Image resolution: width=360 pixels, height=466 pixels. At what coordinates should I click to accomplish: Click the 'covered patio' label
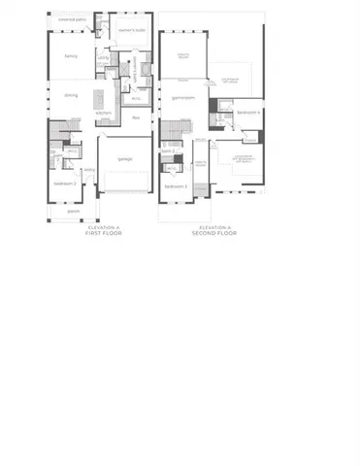(x=71, y=18)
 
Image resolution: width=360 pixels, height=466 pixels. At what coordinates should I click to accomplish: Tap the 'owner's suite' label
(x=130, y=29)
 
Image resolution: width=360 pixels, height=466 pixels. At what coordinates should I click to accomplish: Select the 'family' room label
(x=71, y=56)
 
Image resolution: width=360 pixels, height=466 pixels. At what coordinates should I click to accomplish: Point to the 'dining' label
(x=71, y=95)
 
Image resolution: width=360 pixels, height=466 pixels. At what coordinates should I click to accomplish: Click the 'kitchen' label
(x=104, y=114)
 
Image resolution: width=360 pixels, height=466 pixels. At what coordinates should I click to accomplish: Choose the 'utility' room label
(x=103, y=57)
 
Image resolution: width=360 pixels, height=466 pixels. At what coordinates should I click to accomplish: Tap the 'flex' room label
(x=136, y=117)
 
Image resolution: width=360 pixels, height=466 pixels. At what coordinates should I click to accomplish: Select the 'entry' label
(x=90, y=170)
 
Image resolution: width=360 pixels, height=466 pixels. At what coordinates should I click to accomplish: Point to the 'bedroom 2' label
(x=65, y=183)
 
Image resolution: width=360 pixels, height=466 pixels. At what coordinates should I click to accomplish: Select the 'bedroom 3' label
(x=176, y=185)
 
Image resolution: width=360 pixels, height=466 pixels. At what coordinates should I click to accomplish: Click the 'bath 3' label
(x=167, y=151)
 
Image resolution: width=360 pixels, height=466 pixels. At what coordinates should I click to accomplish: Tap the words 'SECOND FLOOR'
(x=211, y=233)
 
